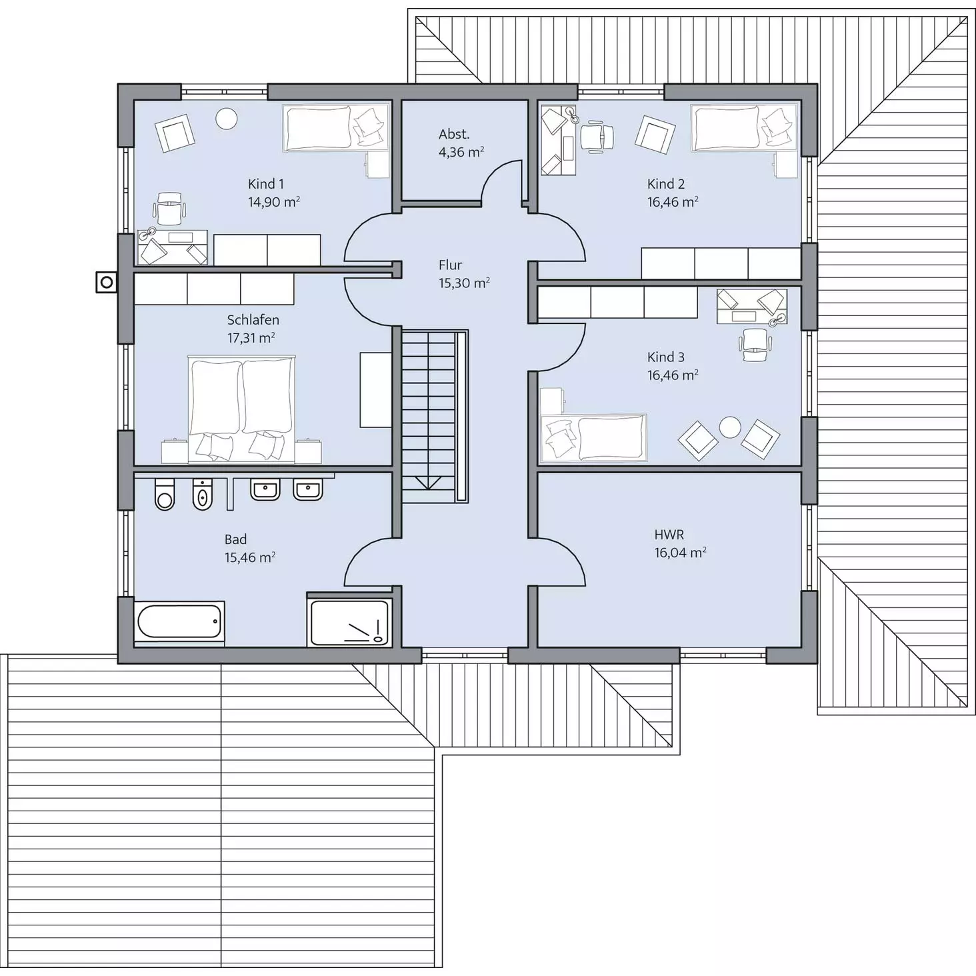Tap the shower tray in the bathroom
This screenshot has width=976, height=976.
(349, 623)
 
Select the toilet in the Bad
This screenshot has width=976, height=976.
(164, 494)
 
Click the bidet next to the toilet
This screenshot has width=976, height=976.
(203, 494)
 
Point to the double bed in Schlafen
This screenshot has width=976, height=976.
(241, 409)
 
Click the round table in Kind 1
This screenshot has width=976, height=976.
(227, 119)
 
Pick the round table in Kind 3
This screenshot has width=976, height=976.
(730, 427)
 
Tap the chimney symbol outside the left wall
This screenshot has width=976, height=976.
(107, 282)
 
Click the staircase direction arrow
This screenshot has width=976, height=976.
(428, 482)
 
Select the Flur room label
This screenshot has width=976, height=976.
(450, 265)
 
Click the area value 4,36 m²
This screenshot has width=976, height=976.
(461, 152)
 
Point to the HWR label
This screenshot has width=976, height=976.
(669, 535)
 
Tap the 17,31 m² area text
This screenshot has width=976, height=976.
(251, 337)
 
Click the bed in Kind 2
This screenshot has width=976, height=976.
(745, 128)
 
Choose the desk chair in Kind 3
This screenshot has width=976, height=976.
(755, 345)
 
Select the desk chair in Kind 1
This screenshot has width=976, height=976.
(169, 208)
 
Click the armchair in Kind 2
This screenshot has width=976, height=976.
(655, 134)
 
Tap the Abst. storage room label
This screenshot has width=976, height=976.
(454, 134)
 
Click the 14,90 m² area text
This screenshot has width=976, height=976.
(274, 202)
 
